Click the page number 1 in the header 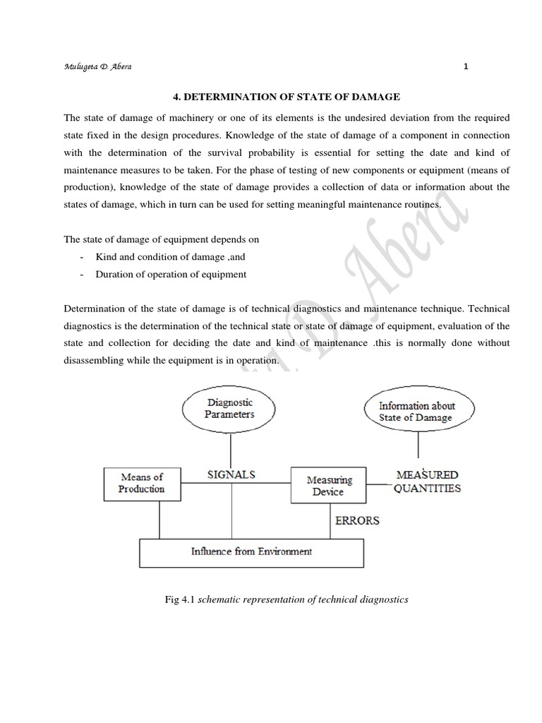(466, 67)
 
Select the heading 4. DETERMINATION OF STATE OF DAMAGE (287, 97)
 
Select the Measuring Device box (328, 485)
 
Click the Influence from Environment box (251, 551)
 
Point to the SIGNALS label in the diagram (231, 475)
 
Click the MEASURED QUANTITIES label (426, 482)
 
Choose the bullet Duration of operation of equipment (171, 275)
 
